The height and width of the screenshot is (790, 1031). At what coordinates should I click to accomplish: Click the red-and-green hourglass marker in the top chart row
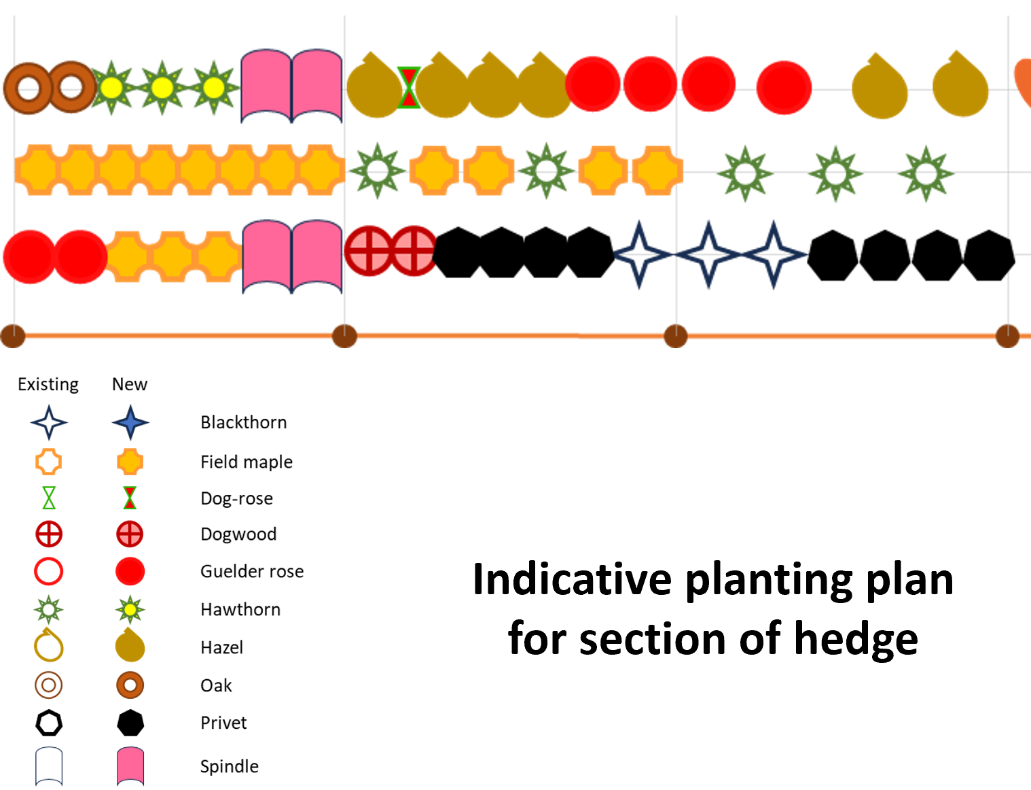point(408,88)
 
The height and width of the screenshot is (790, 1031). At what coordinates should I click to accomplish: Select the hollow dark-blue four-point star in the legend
point(49,422)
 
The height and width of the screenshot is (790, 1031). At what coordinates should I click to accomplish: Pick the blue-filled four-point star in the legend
point(130,422)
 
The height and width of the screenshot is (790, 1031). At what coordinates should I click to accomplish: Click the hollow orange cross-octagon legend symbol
point(49,462)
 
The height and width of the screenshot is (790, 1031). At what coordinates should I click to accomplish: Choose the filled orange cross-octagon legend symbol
point(130,462)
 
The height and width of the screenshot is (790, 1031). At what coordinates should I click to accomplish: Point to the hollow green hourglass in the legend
point(49,498)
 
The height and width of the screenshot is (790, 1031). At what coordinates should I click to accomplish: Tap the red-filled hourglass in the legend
point(130,498)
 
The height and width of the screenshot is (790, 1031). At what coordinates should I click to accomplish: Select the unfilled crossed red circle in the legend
point(49,534)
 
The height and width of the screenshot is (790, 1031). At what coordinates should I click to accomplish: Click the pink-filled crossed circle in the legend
point(130,534)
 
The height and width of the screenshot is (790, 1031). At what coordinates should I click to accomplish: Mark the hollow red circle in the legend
point(49,571)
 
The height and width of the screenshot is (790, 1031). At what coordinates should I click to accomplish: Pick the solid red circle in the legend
point(130,571)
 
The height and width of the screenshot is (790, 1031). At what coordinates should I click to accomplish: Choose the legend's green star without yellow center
point(49,609)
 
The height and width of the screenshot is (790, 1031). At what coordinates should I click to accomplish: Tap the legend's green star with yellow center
point(130,609)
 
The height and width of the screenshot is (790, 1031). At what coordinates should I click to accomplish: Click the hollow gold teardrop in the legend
point(49,646)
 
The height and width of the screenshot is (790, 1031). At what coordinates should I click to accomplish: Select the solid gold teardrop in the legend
point(130,646)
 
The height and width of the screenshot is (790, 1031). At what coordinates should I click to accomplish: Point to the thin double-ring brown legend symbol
point(49,685)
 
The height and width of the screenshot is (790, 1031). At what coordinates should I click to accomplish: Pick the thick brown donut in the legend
point(130,685)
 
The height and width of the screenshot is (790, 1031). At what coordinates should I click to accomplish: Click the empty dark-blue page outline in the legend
point(49,766)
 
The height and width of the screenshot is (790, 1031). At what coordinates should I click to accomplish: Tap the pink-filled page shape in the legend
point(130,766)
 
